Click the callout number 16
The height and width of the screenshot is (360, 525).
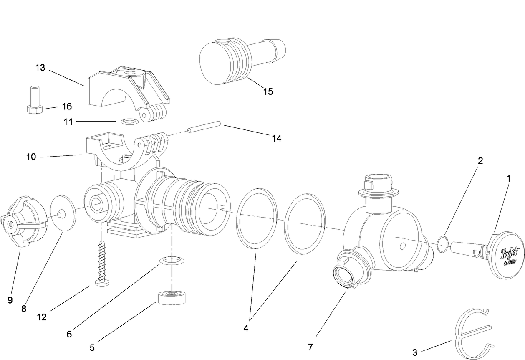point(67,106)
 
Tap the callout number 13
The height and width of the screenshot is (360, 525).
point(40,68)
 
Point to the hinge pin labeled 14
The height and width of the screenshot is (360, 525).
point(204,127)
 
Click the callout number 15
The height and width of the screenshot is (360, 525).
point(268,91)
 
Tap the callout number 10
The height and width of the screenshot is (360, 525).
point(31,157)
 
